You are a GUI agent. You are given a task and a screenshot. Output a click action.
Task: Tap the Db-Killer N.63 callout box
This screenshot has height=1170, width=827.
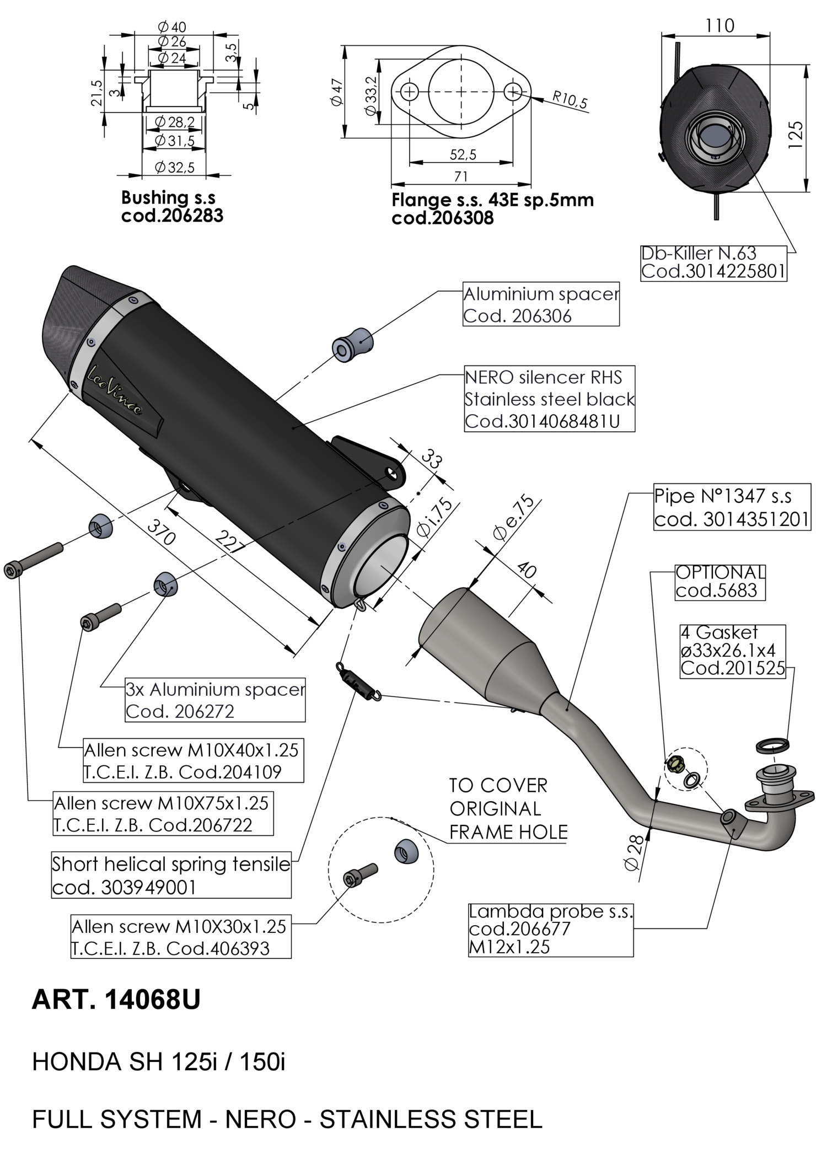coord(713,263)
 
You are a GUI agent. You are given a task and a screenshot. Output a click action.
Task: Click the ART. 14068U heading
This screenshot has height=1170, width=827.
coord(116,1000)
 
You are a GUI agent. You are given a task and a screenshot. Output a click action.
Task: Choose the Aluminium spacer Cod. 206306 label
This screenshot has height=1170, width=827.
coord(540,305)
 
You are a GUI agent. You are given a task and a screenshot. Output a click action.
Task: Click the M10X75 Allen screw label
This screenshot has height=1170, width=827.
coord(161,814)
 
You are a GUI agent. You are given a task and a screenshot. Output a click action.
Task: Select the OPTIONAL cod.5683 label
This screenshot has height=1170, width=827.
coord(720,581)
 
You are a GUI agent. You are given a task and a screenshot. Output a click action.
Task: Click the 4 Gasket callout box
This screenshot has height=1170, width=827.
coord(732,651)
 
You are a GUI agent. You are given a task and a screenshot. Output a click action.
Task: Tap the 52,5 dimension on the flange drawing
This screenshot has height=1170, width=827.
coord(463,154)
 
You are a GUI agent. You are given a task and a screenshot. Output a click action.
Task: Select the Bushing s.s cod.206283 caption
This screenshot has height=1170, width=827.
coord(172,206)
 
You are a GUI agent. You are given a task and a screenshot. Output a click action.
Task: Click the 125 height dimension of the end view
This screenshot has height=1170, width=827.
coord(794,134)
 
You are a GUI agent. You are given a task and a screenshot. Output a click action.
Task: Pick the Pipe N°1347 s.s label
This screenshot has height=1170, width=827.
coord(732,507)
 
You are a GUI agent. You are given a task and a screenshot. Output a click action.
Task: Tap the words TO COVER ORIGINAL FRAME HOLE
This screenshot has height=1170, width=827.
coord(508,808)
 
